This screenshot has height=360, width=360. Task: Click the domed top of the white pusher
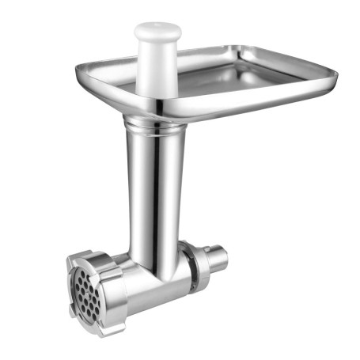(x=157, y=31)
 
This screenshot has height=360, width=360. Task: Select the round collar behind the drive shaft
(x=195, y=261)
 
